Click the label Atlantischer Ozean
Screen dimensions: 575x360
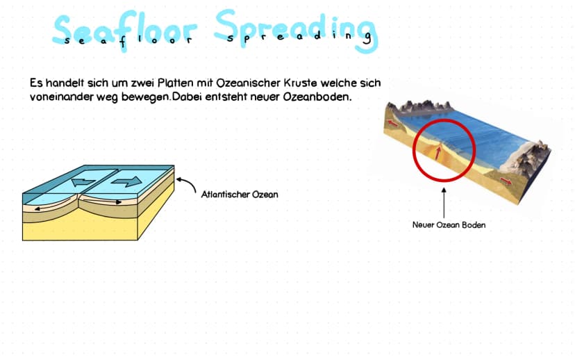coord(240,194)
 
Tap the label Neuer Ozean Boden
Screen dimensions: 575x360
coord(449,224)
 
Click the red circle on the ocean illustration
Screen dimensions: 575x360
coord(444,120)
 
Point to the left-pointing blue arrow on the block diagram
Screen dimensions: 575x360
coord(83,181)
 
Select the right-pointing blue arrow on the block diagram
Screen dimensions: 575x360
coord(126,181)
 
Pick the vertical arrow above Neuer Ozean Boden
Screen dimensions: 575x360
coord(444,203)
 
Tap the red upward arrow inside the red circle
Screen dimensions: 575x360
coord(437,153)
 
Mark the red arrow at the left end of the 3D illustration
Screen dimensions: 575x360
coord(393,123)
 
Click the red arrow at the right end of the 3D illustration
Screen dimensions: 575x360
coord(506,181)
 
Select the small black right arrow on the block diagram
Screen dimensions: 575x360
coord(114,202)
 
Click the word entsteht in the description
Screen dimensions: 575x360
coord(226,97)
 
